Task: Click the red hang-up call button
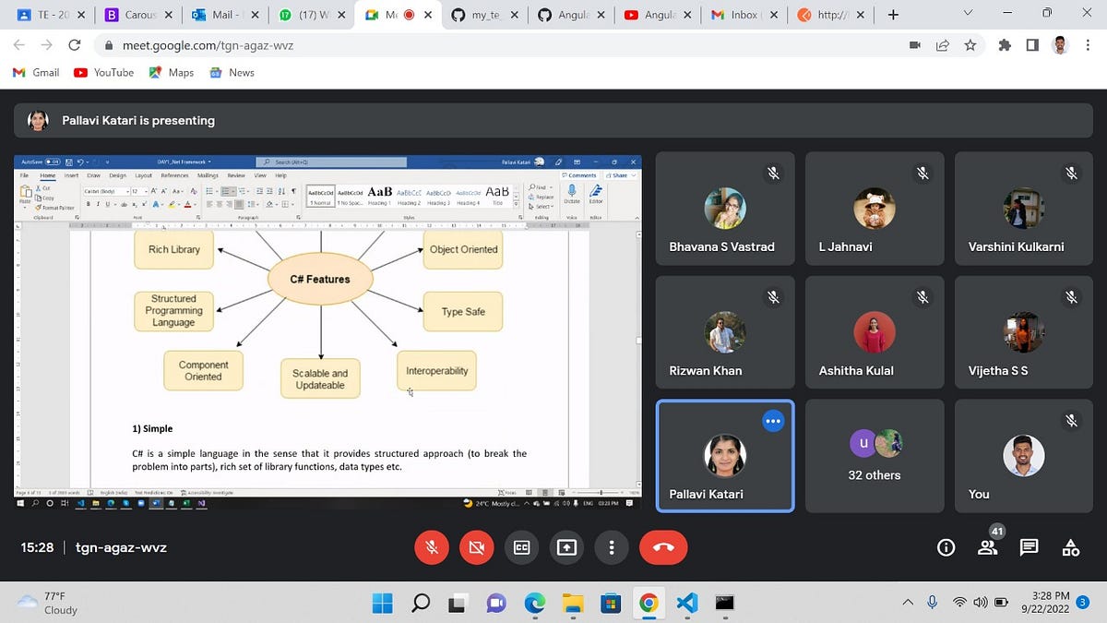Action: pos(662,547)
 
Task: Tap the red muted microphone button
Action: pos(430,547)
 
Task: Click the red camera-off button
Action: pos(476,547)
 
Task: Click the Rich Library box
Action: pos(173,249)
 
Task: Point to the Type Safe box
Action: pos(463,312)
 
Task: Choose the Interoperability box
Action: pos(436,371)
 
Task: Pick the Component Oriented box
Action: pos(203,370)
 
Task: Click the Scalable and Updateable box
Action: pos(319,379)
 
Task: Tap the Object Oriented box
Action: pos(463,249)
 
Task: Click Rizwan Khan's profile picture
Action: pos(724,332)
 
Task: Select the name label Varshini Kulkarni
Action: pos(1016,246)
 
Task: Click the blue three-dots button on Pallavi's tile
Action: pos(773,421)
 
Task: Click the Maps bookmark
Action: pos(172,72)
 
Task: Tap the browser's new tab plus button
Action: pos(893,15)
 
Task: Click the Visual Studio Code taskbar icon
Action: pos(686,603)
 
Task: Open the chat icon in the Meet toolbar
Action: pos(1030,547)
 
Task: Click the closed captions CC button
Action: pos(521,547)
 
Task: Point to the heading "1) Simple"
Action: pos(152,428)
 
